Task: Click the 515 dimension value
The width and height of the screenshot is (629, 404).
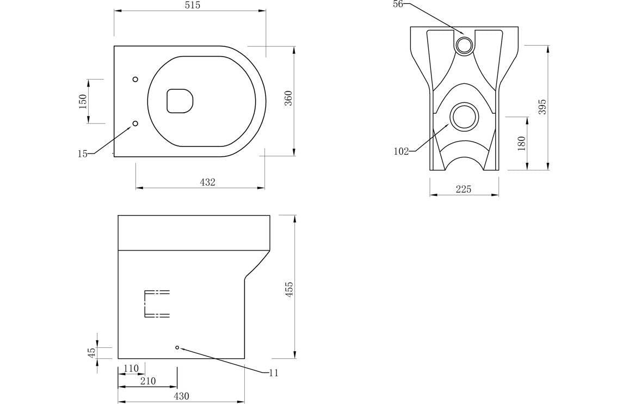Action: (192, 5)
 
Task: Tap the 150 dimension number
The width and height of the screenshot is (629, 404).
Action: (83, 102)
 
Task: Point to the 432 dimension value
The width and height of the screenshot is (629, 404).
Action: (207, 182)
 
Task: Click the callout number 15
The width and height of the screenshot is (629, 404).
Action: (83, 154)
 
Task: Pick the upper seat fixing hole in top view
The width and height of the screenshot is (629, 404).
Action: (135, 79)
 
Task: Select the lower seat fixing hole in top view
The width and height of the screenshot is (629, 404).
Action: (135, 123)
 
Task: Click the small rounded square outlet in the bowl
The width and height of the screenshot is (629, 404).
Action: (180, 101)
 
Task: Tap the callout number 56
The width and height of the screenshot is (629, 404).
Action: (398, 4)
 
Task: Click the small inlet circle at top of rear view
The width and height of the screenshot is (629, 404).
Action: (465, 45)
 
